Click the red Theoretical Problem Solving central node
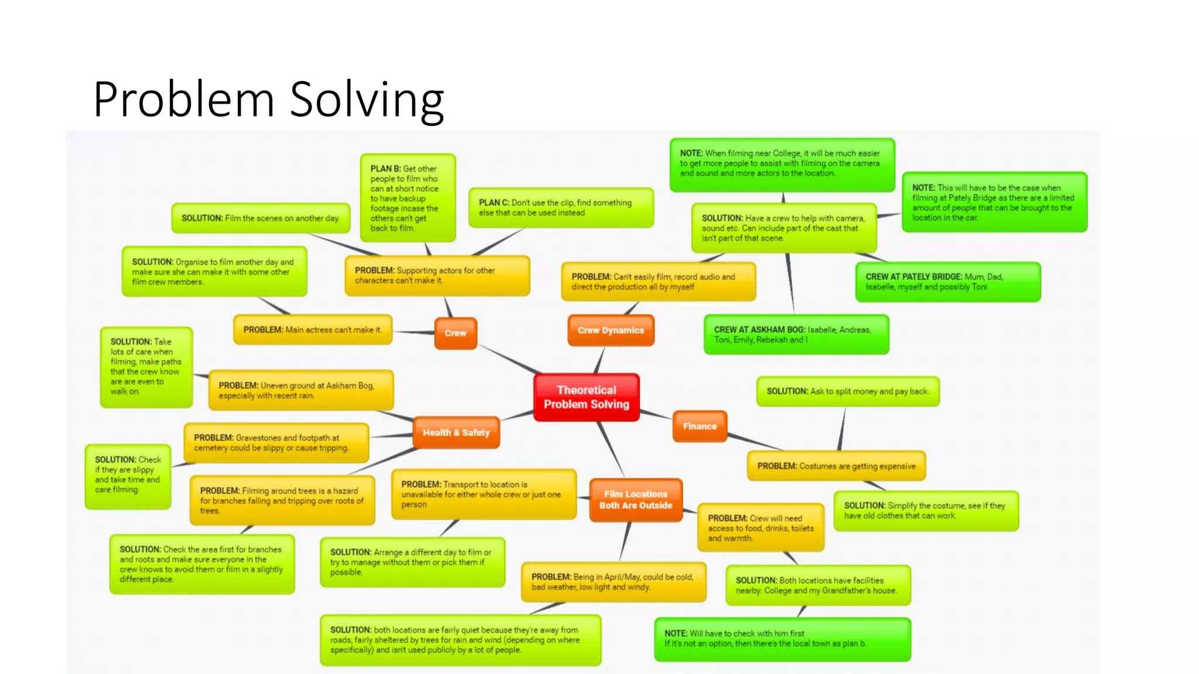coord(586,397)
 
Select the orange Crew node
coord(455,333)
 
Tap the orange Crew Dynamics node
coord(611,331)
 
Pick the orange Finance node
coord(700,427)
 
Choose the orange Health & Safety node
coord(456,433)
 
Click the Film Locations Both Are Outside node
coord(636,500)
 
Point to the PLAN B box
coord(407,198)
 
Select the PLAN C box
coord(560,208)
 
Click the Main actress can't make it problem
coord(313,330)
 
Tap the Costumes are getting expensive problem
coord(836,466)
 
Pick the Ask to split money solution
coord(847,391)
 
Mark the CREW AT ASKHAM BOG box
coord(796,335)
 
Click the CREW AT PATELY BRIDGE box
coord(947,282)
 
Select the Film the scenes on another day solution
coord(261,218)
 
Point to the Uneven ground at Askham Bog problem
coord(301,390)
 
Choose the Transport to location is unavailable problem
coord(484,494)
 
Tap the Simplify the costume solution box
coord(926,511)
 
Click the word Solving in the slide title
coord(367,99)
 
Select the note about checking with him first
coord(782,639)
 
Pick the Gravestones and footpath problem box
coord(276,443)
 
